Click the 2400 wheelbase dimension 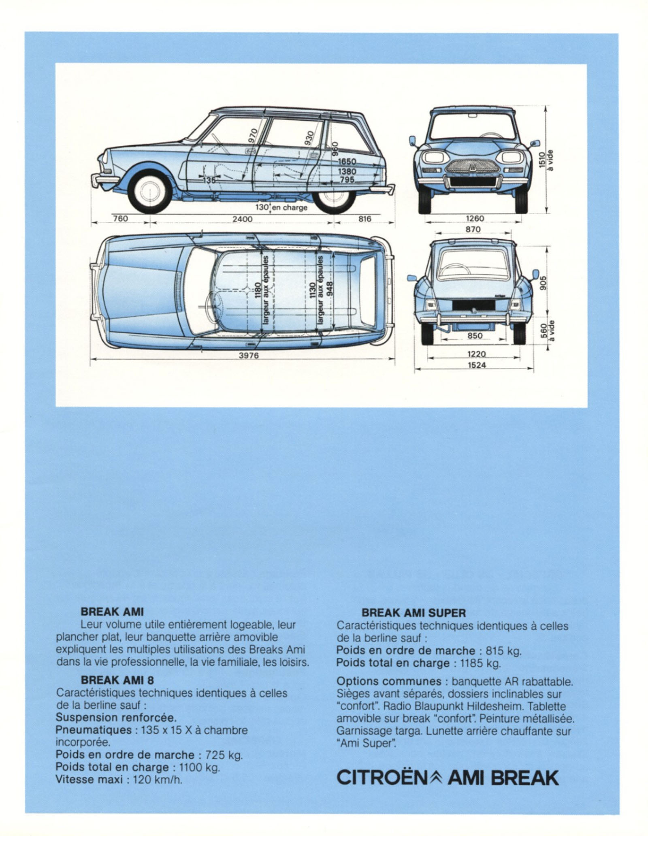pyautogui.click(x=242, y=219)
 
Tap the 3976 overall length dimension pyautogui.click(x=248, y=356)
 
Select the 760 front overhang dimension pyautogui.click(x=120, y=219)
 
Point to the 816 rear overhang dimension pyautogui.click(x=364, y=219)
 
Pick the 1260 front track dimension pyautogui.click(x=475, y=219)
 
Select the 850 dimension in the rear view pyautogui.click(x=474, y=335)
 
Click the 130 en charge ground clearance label pyautogui.click(x=281, y=207)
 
